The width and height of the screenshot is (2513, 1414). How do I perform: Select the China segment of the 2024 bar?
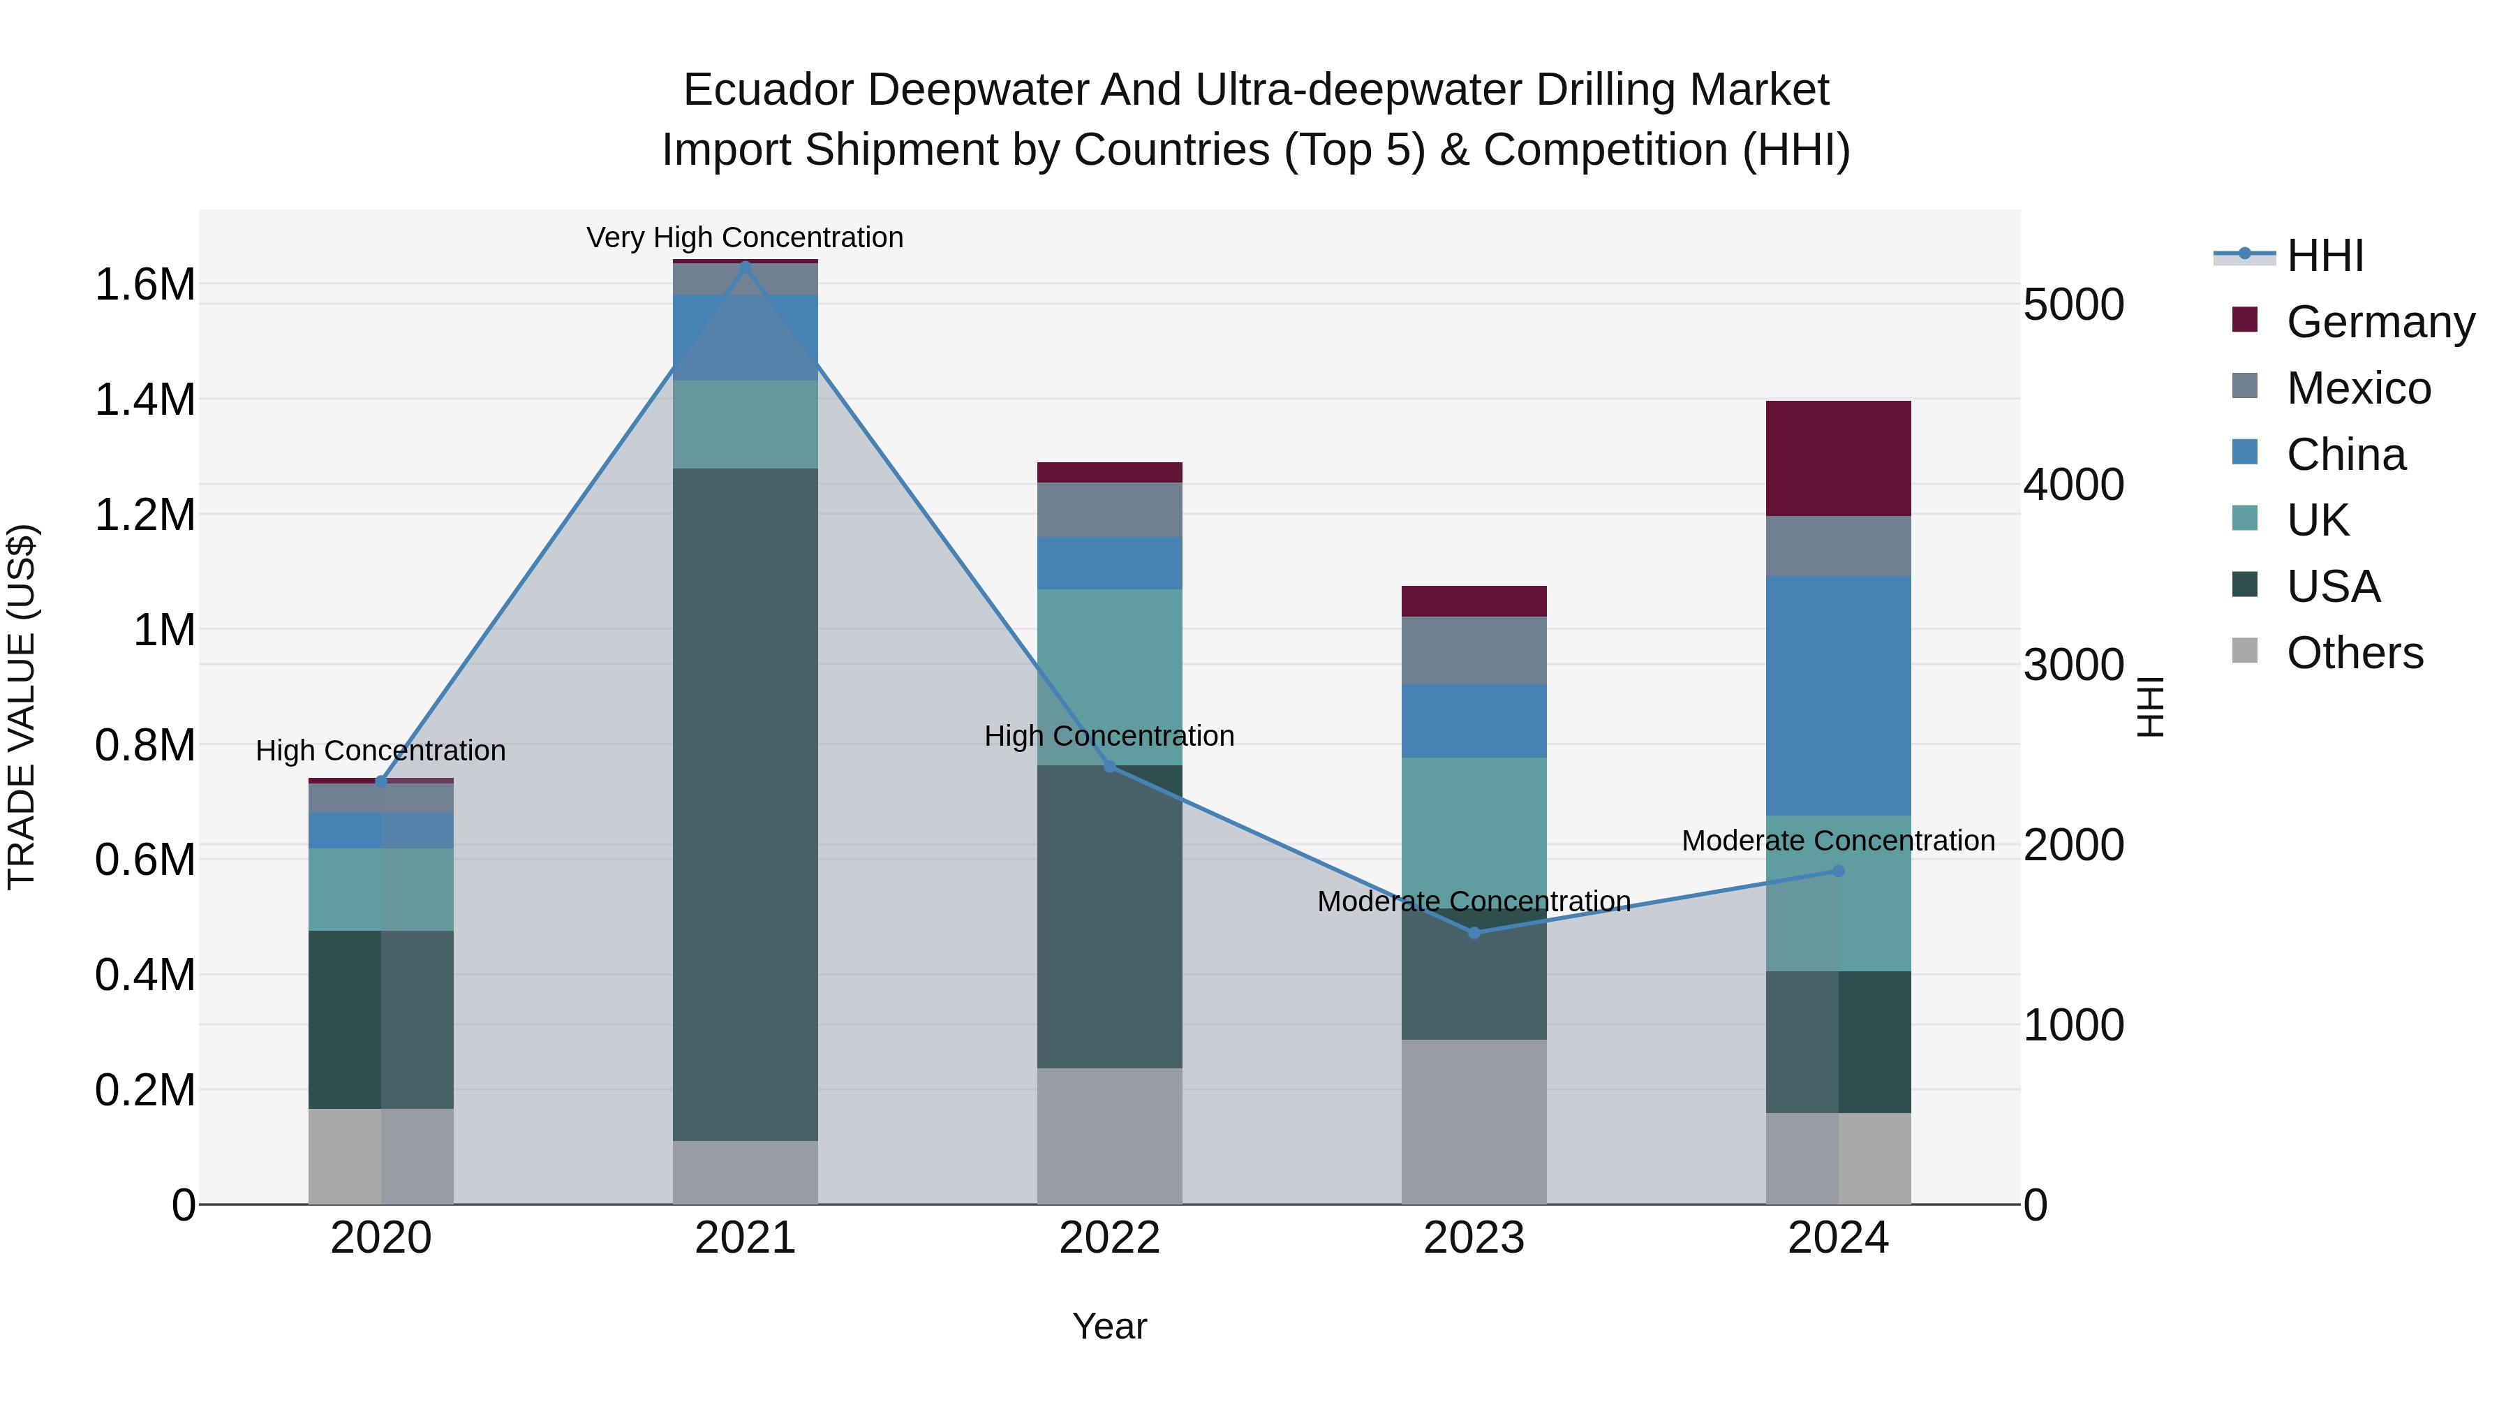point(1838,695)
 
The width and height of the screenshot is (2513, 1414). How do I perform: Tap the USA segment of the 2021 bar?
point(746,804)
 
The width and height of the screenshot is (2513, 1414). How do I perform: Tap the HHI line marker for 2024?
point(1838,871)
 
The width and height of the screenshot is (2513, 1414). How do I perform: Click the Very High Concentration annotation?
point(746,237)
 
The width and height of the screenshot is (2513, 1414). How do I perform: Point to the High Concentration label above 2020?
point(380,751)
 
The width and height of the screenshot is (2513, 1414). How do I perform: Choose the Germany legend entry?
point(2380,321)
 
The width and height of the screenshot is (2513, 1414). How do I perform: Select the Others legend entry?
point(2354,652)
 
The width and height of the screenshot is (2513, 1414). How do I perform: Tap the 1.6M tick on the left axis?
point(144,285)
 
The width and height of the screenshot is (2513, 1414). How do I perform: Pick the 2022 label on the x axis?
point(1109,1237)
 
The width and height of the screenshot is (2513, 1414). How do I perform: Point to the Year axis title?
point(1109,1326)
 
